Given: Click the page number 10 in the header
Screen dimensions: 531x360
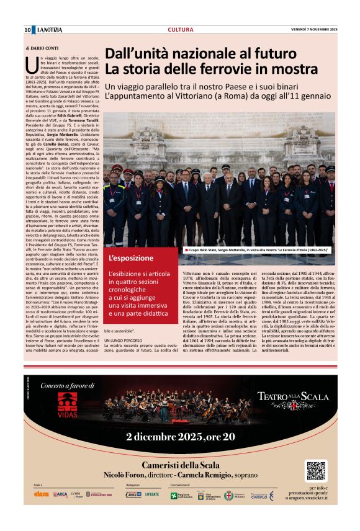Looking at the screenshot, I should pyautogui.click(x=27, y=30).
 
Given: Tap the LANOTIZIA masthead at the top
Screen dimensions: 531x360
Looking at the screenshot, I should pyautogui.click(x=50, y=30).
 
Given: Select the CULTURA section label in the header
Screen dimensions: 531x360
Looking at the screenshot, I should pyautogui.click(x=180, y=30).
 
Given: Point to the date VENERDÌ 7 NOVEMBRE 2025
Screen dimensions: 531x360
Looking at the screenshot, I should pyautogui.click(x=314, y=30).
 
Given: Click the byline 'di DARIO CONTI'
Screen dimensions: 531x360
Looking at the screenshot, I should pyautogui.click(x=42, y=48).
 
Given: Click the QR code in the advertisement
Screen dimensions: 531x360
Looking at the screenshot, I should pyautogui.click(x=316, y=471).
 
